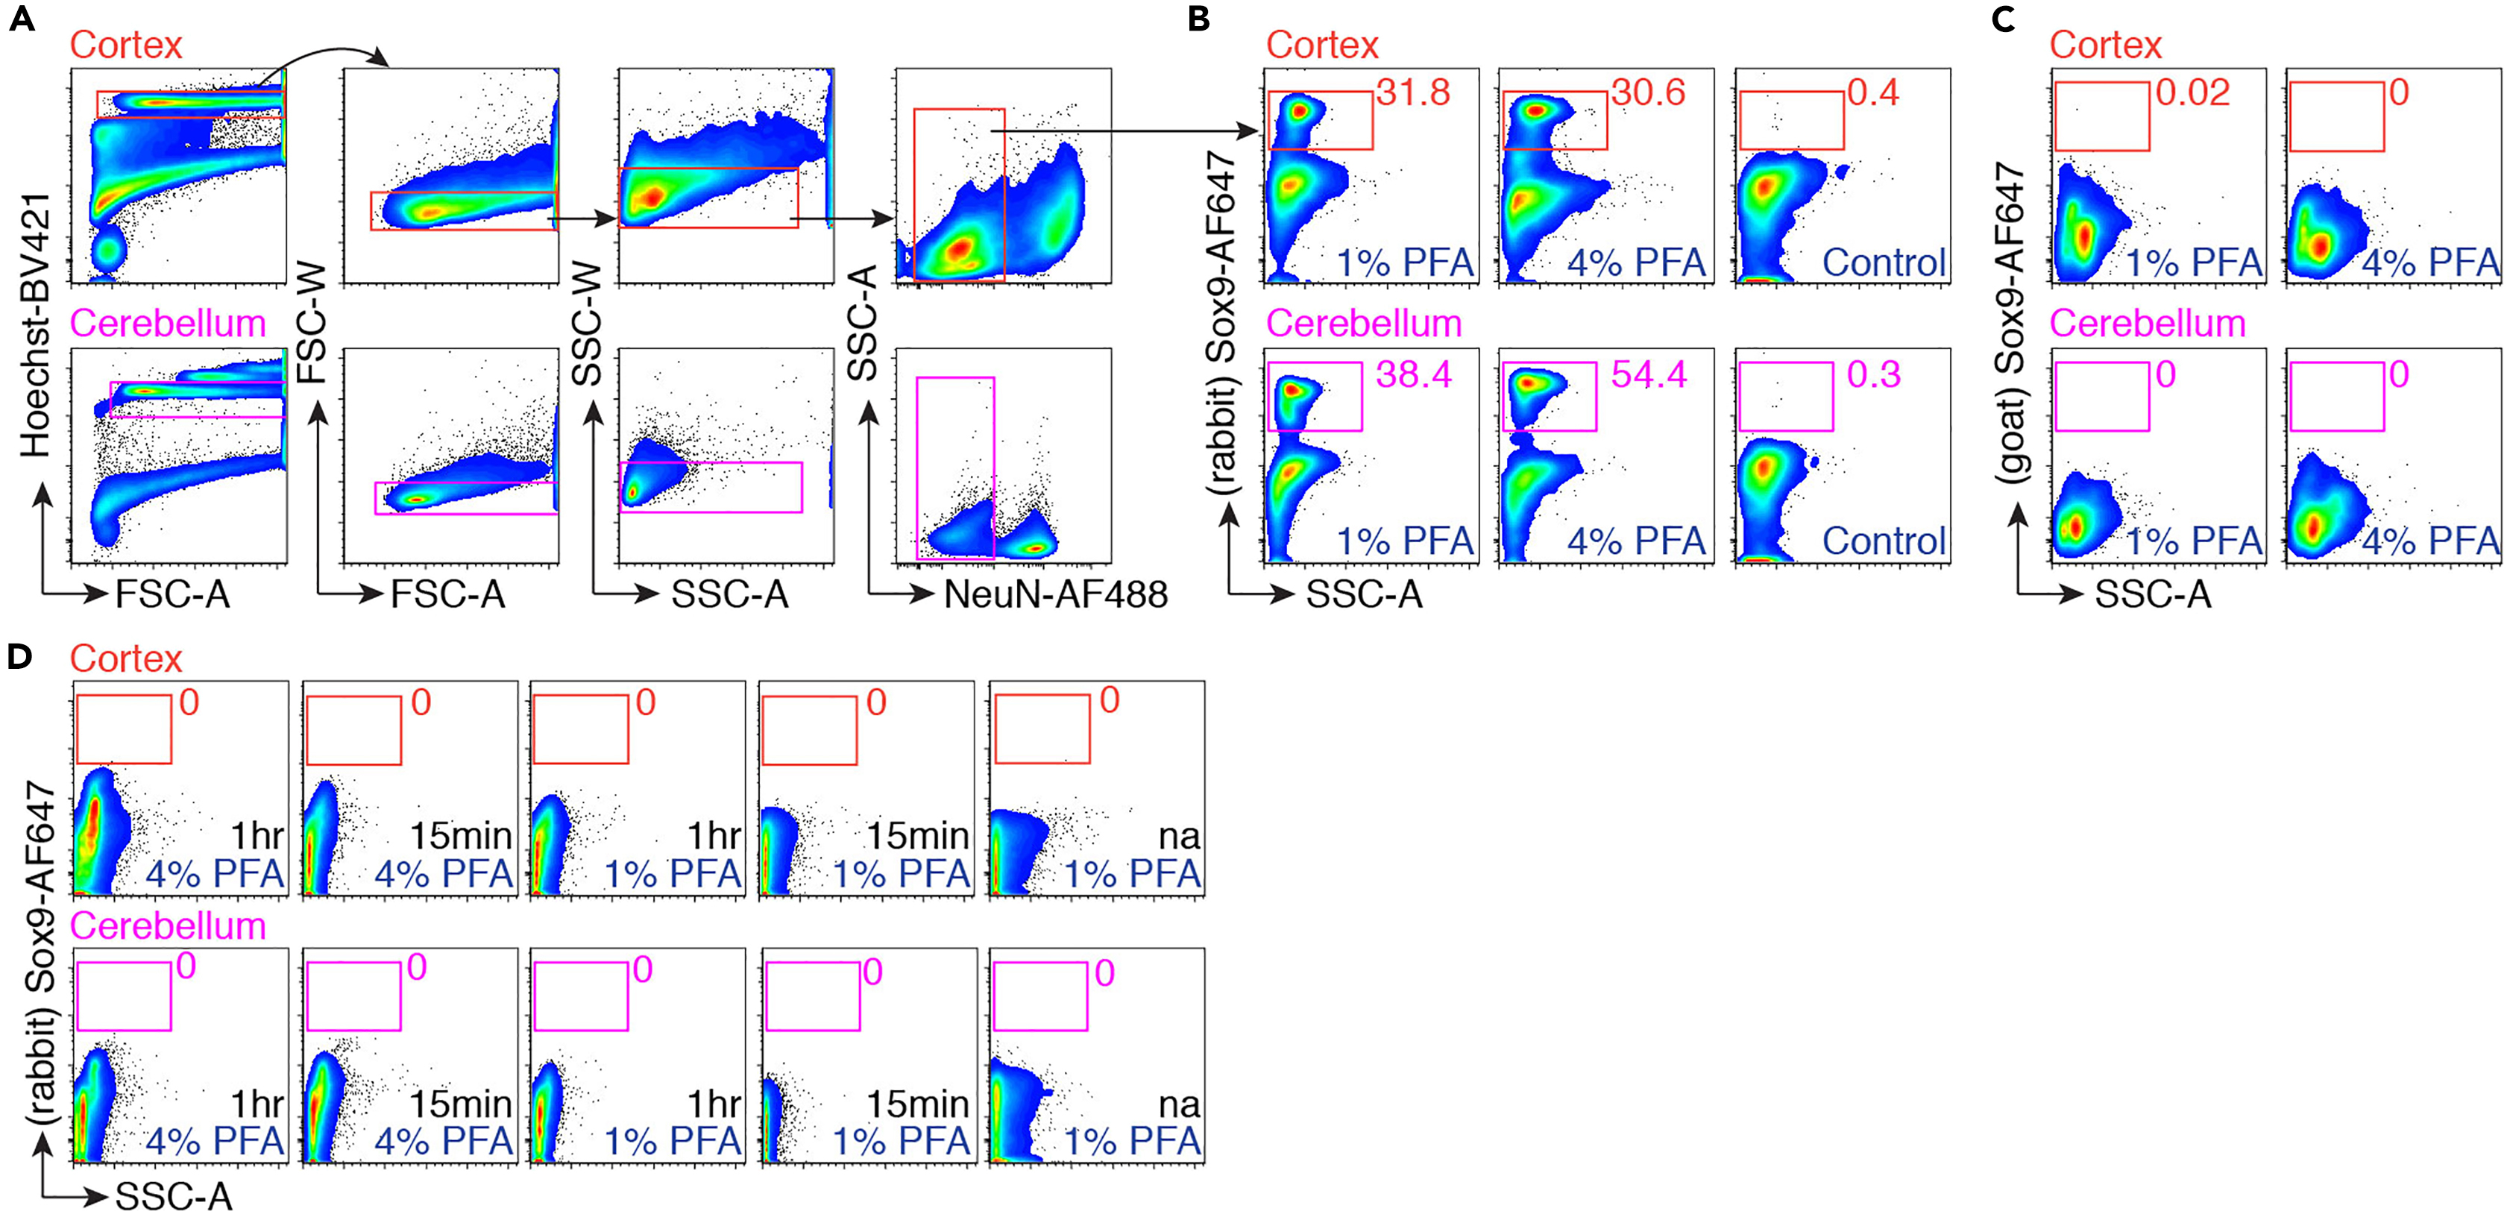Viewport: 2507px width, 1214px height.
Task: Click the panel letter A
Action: tap(22, 19)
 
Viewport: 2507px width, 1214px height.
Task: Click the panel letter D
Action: tap(19, 657)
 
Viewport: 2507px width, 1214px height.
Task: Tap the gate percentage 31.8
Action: tap(1413, 92)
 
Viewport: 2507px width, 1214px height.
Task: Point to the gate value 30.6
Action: tap(1648, 92)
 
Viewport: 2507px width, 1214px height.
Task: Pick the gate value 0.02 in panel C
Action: tap(2192, 92)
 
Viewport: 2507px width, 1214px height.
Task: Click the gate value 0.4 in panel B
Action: tap(1872, 92)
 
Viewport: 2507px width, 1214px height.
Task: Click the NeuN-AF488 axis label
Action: tap(1055, 594)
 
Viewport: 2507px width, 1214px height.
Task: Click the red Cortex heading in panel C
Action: tap(2105, 45)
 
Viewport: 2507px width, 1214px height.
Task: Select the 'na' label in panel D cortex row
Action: tap(1180, 835)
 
